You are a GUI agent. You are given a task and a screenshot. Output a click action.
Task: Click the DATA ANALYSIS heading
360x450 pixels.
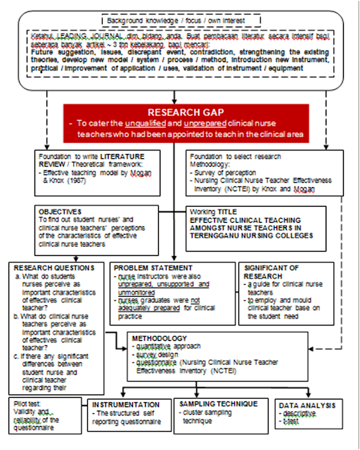click(304, 406)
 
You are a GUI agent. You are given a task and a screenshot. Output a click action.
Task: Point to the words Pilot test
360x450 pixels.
click(30, 404)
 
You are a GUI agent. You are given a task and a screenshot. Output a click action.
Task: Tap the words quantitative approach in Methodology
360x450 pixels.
click(176, 347)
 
